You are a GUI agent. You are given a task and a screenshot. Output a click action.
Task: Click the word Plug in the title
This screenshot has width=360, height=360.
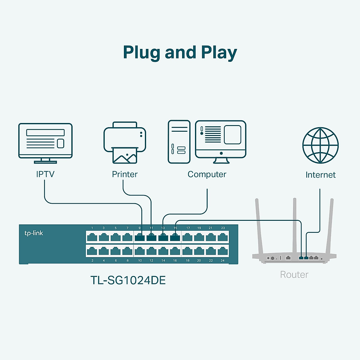141,53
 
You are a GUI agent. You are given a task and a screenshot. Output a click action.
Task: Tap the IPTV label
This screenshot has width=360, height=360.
45,174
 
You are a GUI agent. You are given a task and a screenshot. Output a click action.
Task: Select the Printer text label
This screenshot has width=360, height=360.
124,174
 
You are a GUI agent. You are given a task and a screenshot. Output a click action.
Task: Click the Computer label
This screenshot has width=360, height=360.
207,175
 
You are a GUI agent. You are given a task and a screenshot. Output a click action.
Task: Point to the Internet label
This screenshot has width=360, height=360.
320,175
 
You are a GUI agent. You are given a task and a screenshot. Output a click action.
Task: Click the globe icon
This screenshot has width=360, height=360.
320,145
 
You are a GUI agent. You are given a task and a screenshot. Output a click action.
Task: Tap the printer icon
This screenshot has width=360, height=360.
124,142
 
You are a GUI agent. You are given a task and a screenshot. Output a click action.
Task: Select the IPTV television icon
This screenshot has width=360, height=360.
45,143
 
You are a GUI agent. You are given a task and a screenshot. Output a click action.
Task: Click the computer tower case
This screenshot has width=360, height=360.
179,142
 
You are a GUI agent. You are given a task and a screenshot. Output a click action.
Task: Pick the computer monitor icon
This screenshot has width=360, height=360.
220,142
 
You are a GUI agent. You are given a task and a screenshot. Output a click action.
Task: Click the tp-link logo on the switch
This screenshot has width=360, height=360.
34,233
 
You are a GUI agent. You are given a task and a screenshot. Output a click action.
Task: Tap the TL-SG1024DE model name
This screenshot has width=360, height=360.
128,280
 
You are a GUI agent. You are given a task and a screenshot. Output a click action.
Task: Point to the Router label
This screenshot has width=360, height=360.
294,274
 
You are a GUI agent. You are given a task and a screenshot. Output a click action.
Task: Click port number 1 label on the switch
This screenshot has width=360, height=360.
92,228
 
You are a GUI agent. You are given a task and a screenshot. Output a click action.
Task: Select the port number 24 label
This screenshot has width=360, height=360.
222,260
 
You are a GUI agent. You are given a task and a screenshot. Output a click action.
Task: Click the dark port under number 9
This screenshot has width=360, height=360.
139,237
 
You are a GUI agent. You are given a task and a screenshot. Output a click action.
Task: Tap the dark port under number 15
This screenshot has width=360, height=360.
175,237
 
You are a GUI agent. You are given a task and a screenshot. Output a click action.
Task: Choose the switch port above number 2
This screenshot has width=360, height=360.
92,251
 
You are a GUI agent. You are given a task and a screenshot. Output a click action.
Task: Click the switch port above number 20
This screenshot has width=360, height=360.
199,251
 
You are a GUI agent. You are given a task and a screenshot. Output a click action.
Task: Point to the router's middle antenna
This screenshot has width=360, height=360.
295,226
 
